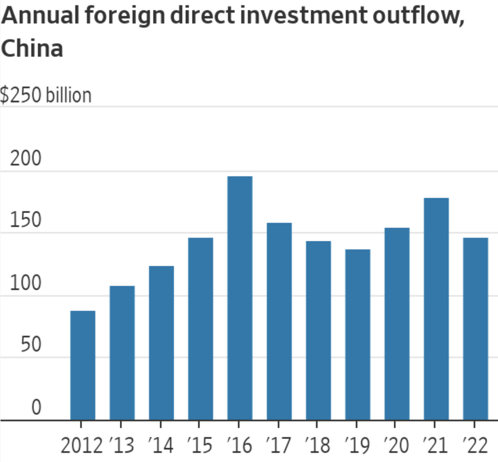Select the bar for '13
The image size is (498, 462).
pos(122,353)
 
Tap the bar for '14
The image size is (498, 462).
pos(161,343)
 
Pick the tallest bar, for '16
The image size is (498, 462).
pos(240,298)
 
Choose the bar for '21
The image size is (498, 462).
pos(436,309)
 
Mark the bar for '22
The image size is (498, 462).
pos(476,329)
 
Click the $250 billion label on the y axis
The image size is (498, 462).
pos(46,95)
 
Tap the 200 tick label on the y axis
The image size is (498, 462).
pos(26,159)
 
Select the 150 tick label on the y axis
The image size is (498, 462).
pos(26,221)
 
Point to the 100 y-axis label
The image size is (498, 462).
pos(26,283)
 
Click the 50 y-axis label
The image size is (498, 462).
pos(30,345)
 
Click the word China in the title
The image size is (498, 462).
pos(32,49)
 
